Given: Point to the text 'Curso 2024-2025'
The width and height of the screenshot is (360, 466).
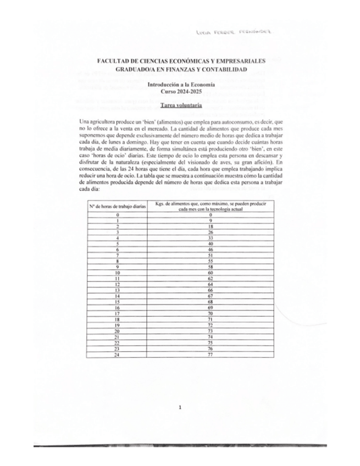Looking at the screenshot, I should [180, 92].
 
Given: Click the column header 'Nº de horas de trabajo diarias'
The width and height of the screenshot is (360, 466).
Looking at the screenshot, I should [117, 206].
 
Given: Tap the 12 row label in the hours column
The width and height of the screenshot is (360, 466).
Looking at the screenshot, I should [117, 284].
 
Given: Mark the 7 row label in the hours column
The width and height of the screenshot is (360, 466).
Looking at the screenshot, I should [117, 255].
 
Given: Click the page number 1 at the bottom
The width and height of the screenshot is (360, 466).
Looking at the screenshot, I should [180, 407].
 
